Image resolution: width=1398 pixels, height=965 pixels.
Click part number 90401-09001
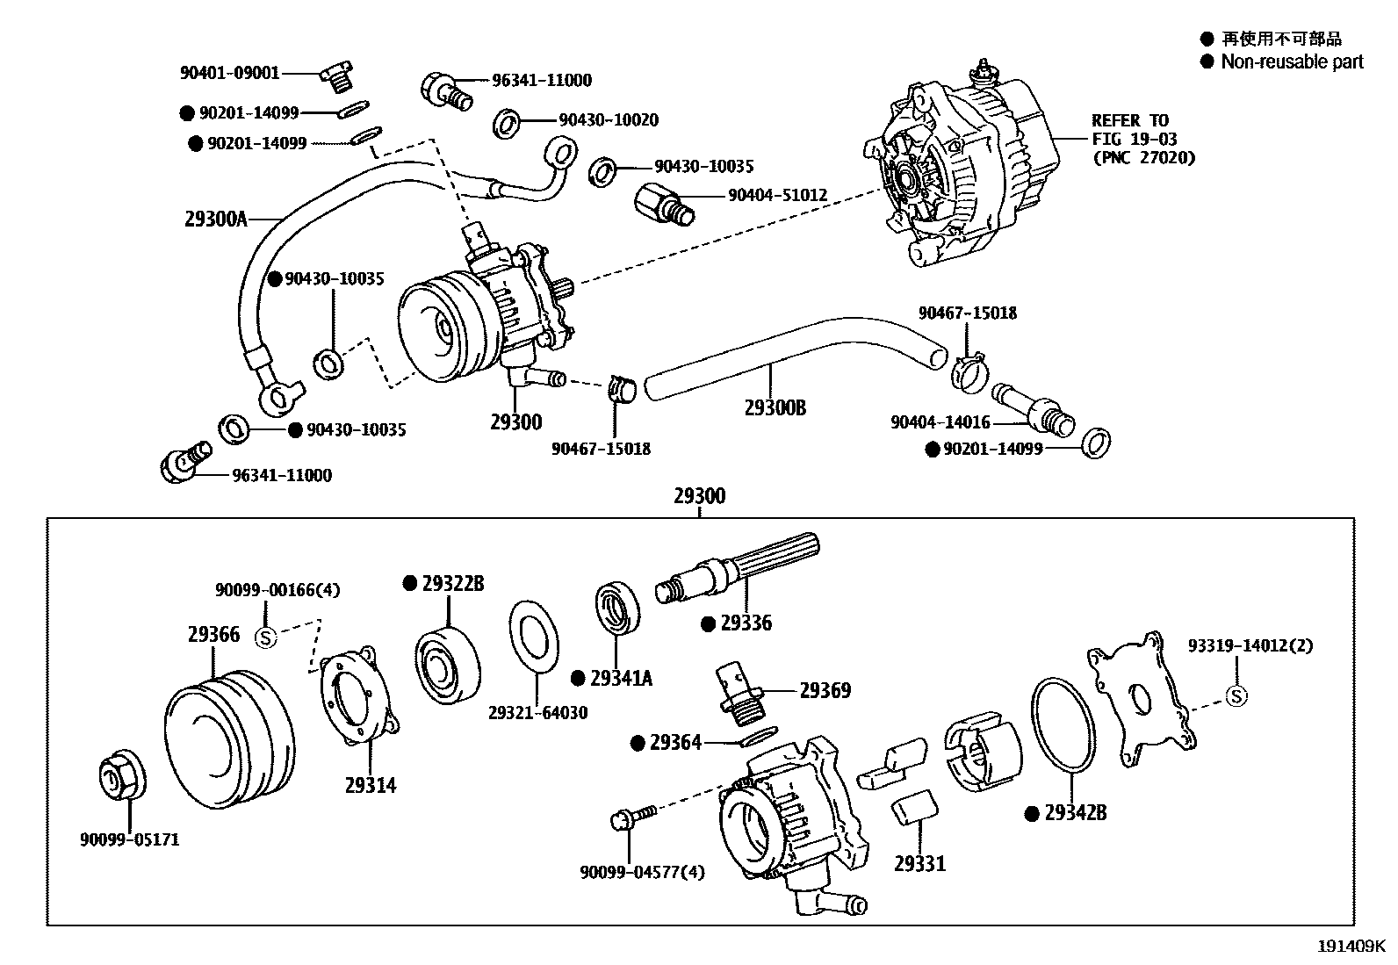(229, 74)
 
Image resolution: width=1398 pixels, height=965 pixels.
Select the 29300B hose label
(775, 407)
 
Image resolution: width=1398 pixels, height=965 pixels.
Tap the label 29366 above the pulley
(213, 634)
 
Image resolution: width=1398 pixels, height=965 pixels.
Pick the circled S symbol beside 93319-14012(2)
(1236, 696)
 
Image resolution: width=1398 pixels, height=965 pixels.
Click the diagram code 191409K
(1350, 947)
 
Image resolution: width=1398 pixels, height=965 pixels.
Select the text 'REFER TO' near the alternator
(1129, 120)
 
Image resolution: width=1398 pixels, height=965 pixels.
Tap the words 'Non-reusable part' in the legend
(1292, 61)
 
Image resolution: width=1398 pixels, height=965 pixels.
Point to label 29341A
(621, 678)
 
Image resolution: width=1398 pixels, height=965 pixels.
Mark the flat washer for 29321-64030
(533, 636)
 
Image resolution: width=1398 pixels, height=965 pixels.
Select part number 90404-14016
(940, 422)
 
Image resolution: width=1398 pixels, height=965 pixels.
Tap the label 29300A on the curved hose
(216, 219)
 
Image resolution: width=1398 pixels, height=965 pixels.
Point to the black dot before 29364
(638, 743)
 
